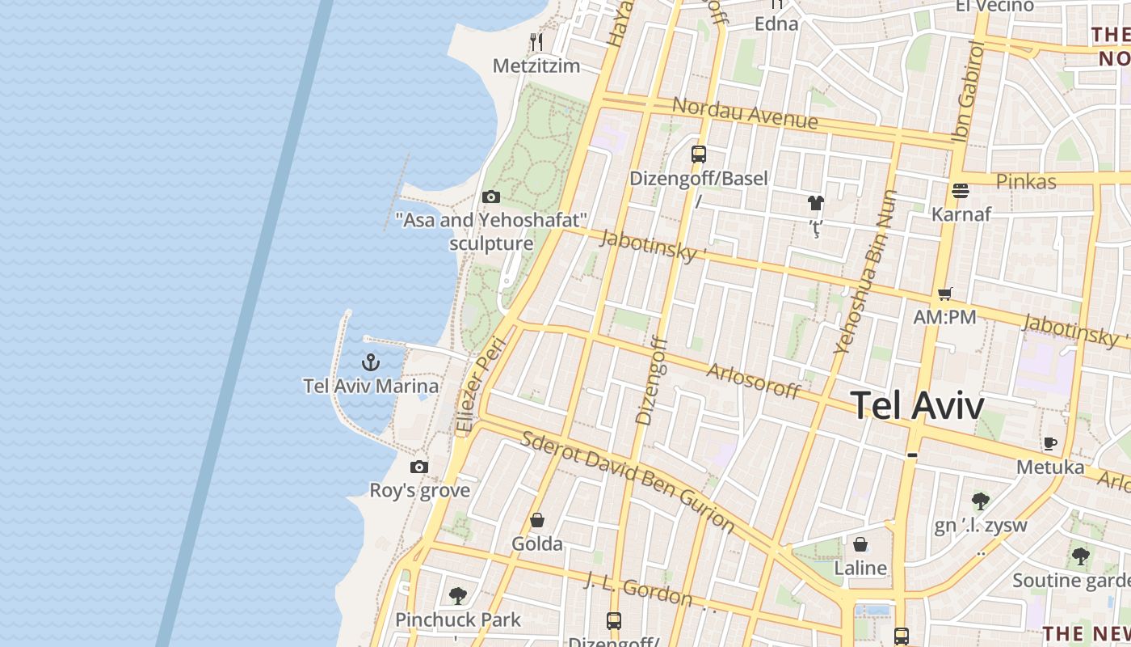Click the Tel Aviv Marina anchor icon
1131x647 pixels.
pos(370,362)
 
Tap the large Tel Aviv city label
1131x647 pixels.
pos(918,405)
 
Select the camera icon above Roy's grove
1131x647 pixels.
pos(418,467)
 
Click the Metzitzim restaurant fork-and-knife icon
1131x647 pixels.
pos(536,41)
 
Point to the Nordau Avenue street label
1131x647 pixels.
pos(745,113)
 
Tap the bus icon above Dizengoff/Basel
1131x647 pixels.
pos(699,154)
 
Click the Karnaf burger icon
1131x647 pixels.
pos(961,191)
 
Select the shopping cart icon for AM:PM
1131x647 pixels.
pos(944,294)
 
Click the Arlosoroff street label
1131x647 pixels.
pos(753,381)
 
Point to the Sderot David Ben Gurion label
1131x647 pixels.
pos(628,482)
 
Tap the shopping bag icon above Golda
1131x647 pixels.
pos(537,520)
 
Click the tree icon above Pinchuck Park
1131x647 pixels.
pos(458,596)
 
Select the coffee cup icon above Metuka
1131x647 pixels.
pos(1049,443)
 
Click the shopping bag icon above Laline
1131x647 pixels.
pos(860,544)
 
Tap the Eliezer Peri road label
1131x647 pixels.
pos(481,385)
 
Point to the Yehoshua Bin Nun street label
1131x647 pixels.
pos(865,272)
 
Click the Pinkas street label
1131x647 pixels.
pos(1026,181)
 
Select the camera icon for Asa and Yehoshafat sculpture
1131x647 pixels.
pos(490,197)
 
